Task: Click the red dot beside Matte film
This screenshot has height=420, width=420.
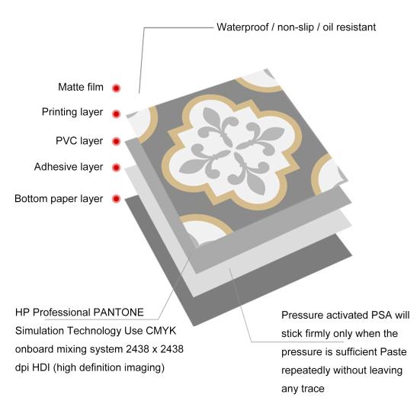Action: point(116,88)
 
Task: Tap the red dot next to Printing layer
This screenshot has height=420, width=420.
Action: point(116,114)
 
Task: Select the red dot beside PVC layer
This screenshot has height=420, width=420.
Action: point(116,141)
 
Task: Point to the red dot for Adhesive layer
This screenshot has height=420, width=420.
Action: point(116,168)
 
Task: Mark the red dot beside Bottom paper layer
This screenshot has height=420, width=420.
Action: point(116,199)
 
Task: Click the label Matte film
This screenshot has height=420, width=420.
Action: point(81,87)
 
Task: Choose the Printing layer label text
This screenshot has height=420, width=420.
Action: point(72,112)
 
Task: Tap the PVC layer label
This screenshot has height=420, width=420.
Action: point(79,141)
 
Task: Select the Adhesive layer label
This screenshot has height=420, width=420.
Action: point(69,167)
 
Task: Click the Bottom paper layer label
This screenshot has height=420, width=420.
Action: point(59,199)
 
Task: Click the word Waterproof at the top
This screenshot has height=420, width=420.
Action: point(242,27)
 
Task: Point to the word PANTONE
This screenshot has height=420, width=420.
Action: point(118,313)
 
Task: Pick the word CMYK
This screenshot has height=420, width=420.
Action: point(161,331)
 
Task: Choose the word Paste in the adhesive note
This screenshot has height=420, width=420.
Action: point(394,352)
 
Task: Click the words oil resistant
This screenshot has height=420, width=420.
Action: point(349,27)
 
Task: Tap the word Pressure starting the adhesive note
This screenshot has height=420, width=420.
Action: point(303,315)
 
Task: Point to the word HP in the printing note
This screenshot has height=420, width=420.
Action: point(22,313)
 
